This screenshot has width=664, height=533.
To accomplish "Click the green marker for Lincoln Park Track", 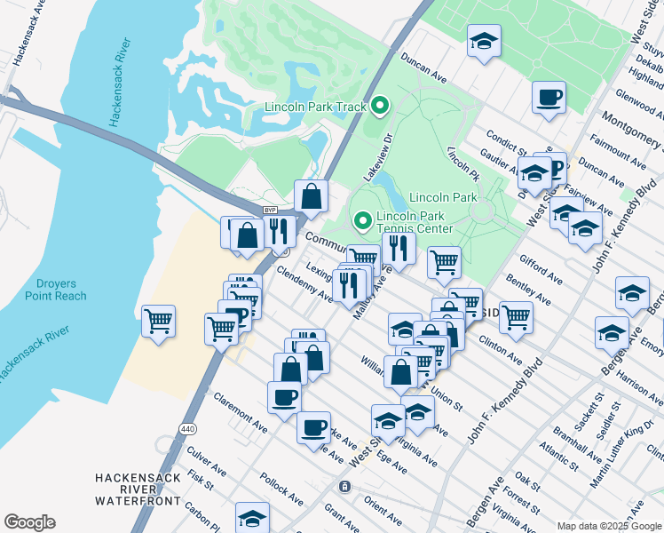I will click(x=380, y=107).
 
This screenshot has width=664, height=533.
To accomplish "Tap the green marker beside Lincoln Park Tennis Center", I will click(x=362, y=219).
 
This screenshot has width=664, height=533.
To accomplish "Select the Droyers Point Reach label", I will click(x=56, y=290).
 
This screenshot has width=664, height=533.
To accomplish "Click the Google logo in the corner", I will click(x=29, y=522).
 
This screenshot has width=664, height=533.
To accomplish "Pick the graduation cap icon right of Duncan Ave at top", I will click(x=484, y=41).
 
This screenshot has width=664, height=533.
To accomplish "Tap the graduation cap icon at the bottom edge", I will click(x=252, y=518).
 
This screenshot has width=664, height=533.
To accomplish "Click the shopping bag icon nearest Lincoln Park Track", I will click(x=312, y=195).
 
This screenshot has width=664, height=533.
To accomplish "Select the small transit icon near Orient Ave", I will click(x=344, y=487).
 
